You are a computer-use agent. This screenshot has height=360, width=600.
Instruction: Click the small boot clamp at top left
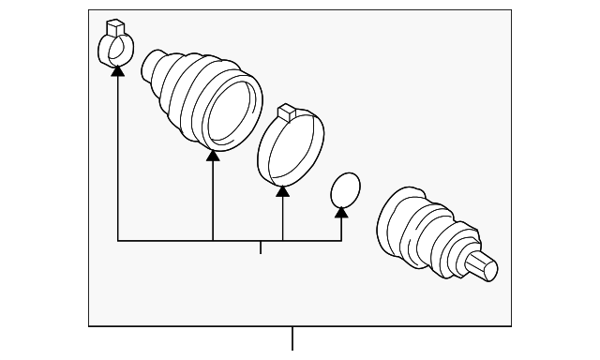[x=113, y=47]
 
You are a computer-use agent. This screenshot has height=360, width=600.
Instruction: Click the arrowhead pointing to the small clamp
[x=117, y=69]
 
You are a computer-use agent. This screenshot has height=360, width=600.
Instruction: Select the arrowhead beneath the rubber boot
[x=213, y=155]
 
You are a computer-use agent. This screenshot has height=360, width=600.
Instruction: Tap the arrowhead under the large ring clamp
[x=282, y=190]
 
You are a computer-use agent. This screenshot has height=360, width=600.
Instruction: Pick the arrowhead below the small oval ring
[x=341, y=212]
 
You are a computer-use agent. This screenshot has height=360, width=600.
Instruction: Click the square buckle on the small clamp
[x=115, y=25]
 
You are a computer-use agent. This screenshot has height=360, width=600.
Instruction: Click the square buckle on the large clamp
[x=288, y=112]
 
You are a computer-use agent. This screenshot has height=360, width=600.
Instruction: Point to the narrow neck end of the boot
[x=151, y=66]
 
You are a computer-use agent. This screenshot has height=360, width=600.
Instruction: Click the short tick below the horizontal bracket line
[x=261, y=247]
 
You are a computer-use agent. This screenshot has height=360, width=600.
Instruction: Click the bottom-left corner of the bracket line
[x=118, y=241]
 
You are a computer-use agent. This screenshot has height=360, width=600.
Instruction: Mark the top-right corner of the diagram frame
[x=512, y=11]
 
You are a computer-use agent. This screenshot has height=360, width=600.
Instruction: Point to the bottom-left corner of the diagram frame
[x=90, y=324]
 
